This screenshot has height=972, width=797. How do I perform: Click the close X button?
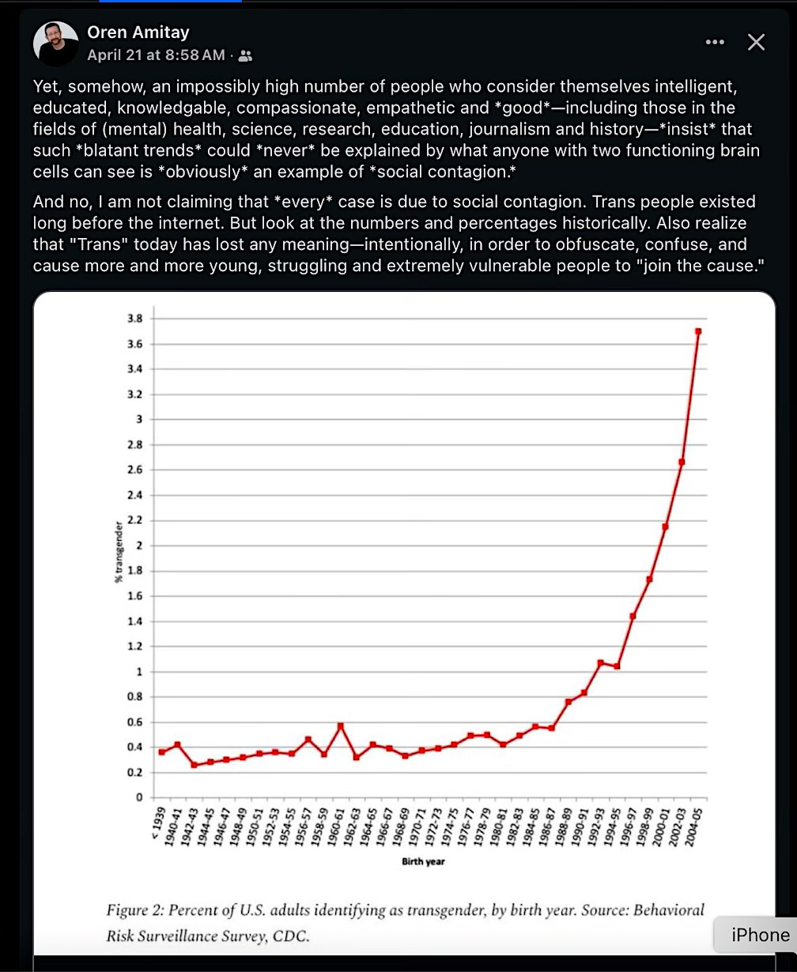pyautogui.click(x=756, y=43)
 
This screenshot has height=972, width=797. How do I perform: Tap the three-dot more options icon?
pyautogui.click(x=714, y=43)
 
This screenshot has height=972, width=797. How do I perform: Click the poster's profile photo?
pyautogui.click(x=56, y=43)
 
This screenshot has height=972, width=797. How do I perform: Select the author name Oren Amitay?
pyautogui.click(x=138, y=32)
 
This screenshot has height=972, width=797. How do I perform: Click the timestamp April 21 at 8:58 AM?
pyautogui.click(x=156, y=55)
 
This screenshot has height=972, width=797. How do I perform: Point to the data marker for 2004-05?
pyautogui.click(x=698, y=331)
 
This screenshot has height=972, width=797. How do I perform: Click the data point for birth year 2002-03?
pyautogui.click(x=682, y=462)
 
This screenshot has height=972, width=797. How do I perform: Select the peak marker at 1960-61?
pyautogui.click(x=340, y=725)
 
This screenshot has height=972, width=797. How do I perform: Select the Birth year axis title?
pyautogui.click(x=423, y=861)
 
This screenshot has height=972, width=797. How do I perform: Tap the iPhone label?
pyautogui.click(x=760, y=935)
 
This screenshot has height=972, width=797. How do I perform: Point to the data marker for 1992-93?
pyautogui.click(x=600, y=663)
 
